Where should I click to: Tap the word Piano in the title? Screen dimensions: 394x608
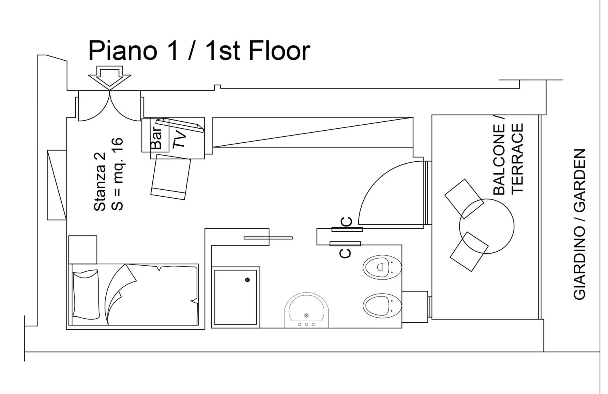123,51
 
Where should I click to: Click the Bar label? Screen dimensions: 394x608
156,138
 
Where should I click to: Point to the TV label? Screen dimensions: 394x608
180,139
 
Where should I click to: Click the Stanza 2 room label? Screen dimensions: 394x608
100,182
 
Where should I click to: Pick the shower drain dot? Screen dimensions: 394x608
247,280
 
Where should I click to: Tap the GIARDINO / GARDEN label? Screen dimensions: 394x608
579,225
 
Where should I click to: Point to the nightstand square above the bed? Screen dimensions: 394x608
83,250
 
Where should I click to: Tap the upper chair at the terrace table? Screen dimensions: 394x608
464,199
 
